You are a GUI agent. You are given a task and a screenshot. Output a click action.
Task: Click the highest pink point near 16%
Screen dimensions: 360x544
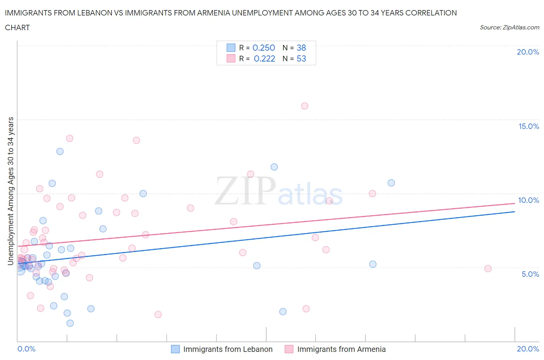tap(305, 106)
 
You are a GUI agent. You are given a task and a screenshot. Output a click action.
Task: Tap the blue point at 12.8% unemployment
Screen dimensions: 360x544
tap(60, 151)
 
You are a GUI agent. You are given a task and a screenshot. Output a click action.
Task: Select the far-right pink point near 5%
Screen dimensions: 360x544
tap(488, 269)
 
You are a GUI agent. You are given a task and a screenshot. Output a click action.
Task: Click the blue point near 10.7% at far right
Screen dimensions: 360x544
tap(391, 183)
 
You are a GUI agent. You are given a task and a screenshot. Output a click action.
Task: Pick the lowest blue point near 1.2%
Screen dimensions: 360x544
tap(70, 323)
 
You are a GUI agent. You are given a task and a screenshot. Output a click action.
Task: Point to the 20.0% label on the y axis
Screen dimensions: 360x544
tap(528, 52)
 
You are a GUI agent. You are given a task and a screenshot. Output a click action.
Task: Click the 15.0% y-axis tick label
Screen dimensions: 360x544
tap(529, 126)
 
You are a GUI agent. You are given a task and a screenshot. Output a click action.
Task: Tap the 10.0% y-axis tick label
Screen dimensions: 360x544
tap(529, 200)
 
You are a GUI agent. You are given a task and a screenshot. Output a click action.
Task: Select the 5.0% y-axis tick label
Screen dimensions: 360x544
tap(530, 274)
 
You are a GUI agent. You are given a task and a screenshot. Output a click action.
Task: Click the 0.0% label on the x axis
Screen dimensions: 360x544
tap(26, 349)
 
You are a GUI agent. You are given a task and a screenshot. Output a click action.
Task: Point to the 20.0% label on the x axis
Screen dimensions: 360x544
tap(528, 349)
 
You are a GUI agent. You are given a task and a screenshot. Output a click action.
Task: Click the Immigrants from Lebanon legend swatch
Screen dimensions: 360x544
tap(175, 349)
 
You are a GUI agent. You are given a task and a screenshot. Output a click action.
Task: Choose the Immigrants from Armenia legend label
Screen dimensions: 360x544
tap(341, 349)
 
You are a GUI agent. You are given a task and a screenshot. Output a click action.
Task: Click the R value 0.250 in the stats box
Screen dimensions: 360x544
tap(263, 48)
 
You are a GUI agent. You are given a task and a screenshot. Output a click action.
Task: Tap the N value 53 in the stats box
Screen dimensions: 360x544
tap(301, 58)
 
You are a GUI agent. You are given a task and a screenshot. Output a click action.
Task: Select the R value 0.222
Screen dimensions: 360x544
tap(264, 58)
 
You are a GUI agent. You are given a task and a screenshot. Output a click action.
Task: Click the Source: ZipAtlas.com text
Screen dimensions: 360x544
tap(509, 27)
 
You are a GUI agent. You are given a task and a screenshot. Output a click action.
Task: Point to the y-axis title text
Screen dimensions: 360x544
tap(10, 191)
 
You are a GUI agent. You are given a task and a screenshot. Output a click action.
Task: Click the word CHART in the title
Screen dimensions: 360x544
tap(17, 27)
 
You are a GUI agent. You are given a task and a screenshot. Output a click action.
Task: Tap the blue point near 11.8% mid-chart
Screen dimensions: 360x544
tap(274, 167)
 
